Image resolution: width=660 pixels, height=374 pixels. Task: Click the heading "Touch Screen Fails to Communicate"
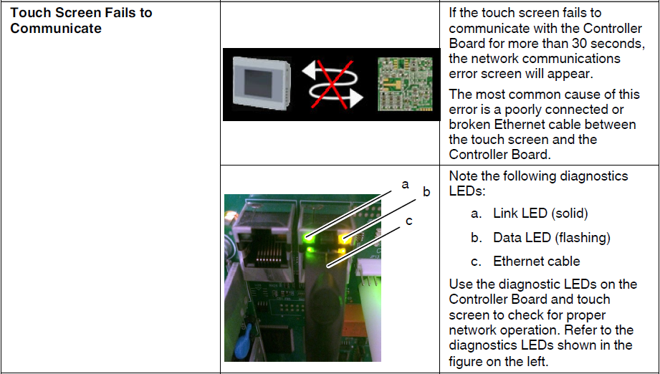[x=81, y=20]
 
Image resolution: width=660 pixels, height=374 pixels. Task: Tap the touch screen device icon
[x=262, y=84]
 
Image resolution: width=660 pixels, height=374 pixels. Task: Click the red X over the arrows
[x=332, y=85]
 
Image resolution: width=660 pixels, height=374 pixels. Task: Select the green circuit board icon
[x=405, y=84]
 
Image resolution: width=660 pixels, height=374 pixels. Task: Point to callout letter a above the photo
[x=405, y=184]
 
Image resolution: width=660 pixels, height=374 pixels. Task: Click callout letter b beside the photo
[x=426, y=192]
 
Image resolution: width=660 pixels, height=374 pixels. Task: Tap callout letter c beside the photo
[x=408, y=221]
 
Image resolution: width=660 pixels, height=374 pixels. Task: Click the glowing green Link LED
[x=307, y=238]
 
